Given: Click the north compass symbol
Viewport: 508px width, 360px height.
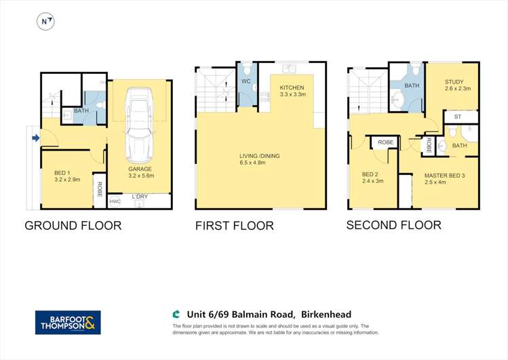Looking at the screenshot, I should (45, 22).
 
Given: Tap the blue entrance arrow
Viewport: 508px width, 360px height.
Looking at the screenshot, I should (35, 139).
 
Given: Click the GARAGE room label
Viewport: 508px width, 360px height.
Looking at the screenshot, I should (140, 169).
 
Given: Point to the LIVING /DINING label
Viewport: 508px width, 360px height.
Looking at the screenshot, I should (259, 156).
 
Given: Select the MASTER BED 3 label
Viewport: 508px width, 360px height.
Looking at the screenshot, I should (442, 176).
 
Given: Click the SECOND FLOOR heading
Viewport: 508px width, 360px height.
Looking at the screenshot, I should (393, 225).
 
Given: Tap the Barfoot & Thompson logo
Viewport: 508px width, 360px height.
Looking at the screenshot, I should (68, 322).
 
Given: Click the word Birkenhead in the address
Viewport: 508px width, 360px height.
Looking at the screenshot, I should (329, 314).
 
